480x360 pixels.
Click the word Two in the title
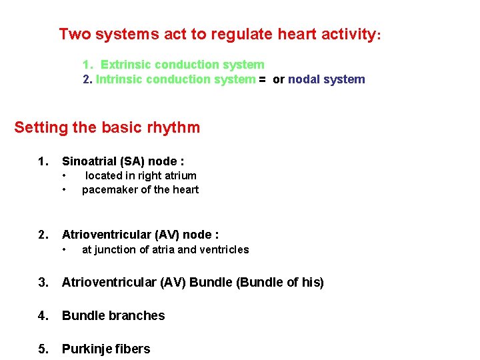coord(75,34)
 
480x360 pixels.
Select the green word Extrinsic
coord(127,65)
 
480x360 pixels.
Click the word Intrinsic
coord(120,79)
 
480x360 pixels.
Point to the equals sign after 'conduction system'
coord(262,79)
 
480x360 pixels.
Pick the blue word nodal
coord(303,79)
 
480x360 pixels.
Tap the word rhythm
coord(174,127)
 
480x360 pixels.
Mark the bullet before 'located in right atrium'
coord(64,176)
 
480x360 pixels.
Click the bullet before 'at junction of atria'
coord(64,250)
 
